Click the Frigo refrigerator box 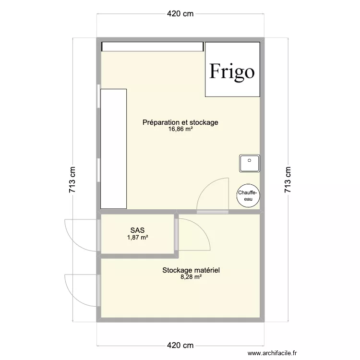tap(233, 69)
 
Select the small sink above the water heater tap(249, 164)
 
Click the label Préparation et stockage tap(180, 122)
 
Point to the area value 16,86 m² tap(180, 130)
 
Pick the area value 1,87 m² tap(137, 237)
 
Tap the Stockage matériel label tap(191, 270)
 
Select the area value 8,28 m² tap(191, 277)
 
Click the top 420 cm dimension tap(180, 14)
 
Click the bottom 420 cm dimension tap(180, 346)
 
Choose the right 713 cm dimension tap(288, 180)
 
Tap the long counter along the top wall tap(152, 46)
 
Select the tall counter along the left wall tap(113, 148)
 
